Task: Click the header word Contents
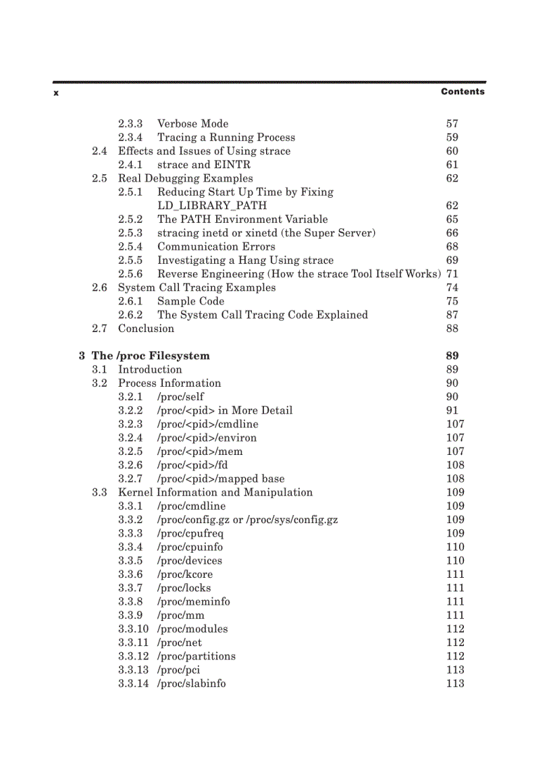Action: tap(463, 92)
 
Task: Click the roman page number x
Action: tap(56, 92)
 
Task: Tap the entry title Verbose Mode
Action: tap(192, 124)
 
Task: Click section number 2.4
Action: tap(99, 151)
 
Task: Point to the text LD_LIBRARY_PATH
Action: tap(212, 206)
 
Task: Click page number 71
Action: tap(452, 274)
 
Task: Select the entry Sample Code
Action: tap(190, 301)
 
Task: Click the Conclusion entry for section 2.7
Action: tap(146, 329)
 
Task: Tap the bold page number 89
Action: tap(452, 356)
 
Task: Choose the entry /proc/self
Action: tap(180, 397)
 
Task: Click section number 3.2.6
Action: tap(130, 465)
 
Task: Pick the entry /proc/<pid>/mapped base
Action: tap(220, 479)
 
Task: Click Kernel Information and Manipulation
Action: tap(215, 493)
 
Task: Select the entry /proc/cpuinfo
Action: tap(190, 547)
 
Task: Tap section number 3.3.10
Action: tap(133, 629)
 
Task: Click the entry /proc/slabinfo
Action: tap(191, 684)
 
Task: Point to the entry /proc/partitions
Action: tap(196, 656)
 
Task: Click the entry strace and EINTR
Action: tap(204, 165)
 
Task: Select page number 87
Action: tap(452, 315)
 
